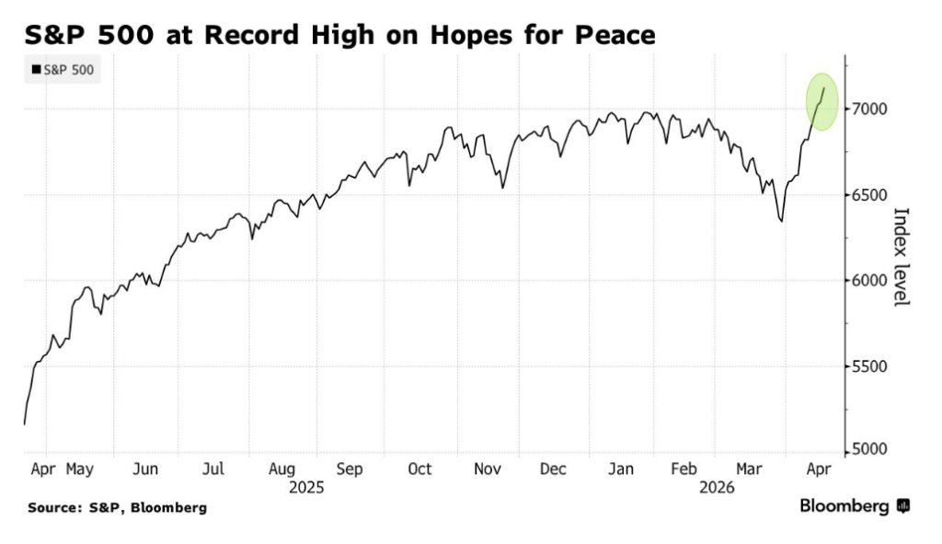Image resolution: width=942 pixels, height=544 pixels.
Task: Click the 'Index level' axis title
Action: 902,257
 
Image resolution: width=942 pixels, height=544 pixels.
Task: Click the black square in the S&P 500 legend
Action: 36,69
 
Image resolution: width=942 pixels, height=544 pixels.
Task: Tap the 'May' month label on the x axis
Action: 80,469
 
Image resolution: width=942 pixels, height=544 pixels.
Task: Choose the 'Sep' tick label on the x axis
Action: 350,469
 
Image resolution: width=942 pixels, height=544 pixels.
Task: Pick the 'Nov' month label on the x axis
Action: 488,469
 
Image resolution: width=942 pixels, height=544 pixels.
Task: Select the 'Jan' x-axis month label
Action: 621,469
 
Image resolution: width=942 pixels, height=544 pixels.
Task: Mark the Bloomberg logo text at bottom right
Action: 844,506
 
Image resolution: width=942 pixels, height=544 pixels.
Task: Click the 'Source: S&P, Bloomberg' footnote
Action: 117,507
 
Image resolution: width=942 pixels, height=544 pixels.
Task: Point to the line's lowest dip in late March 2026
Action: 781,221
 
